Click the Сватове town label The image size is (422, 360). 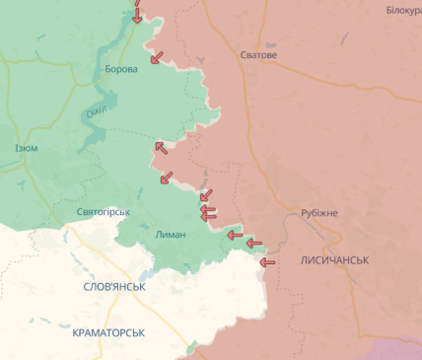pyautogui.click(x=258, y=55)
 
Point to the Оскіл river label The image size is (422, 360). pyautogui.click(x=96, y=111)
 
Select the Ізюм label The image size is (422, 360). pyautogui.click(x=27, y=149)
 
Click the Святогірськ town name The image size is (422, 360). pyautogui.click(x=103, y=212)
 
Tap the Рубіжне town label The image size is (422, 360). pyautogui.click(x=318, y=213)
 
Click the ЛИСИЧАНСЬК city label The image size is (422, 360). pyautogui.click(x=335, y=260)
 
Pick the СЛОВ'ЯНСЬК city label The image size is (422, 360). pyautogui.click(x=114, y=287)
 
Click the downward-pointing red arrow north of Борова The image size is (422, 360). pyautogui.click(x=137, y=14)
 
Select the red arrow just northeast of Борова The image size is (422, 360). pyautogui.click(x=156, y=57)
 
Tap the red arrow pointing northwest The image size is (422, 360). pyautogui.click(x=159, y=148)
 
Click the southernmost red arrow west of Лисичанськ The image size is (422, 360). pyautogui.click(x=264, y=262)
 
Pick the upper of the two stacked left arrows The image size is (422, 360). pyautogui.click(x=207, y=208)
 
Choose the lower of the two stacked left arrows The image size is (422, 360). pyautogui.click(x=207, y=217)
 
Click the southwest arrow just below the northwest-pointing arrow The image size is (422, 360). pyautogui.click(x=166, y=179)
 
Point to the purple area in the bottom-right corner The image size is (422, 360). pyautogui.click(x=398, y=349)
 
